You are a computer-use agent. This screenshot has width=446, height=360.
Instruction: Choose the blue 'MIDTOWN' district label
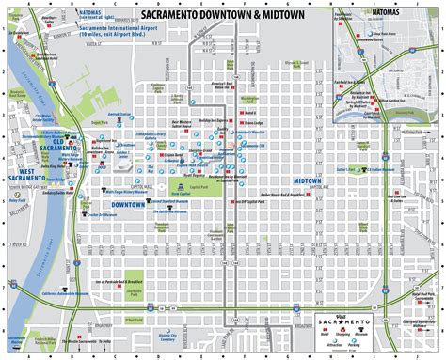point(307,180)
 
